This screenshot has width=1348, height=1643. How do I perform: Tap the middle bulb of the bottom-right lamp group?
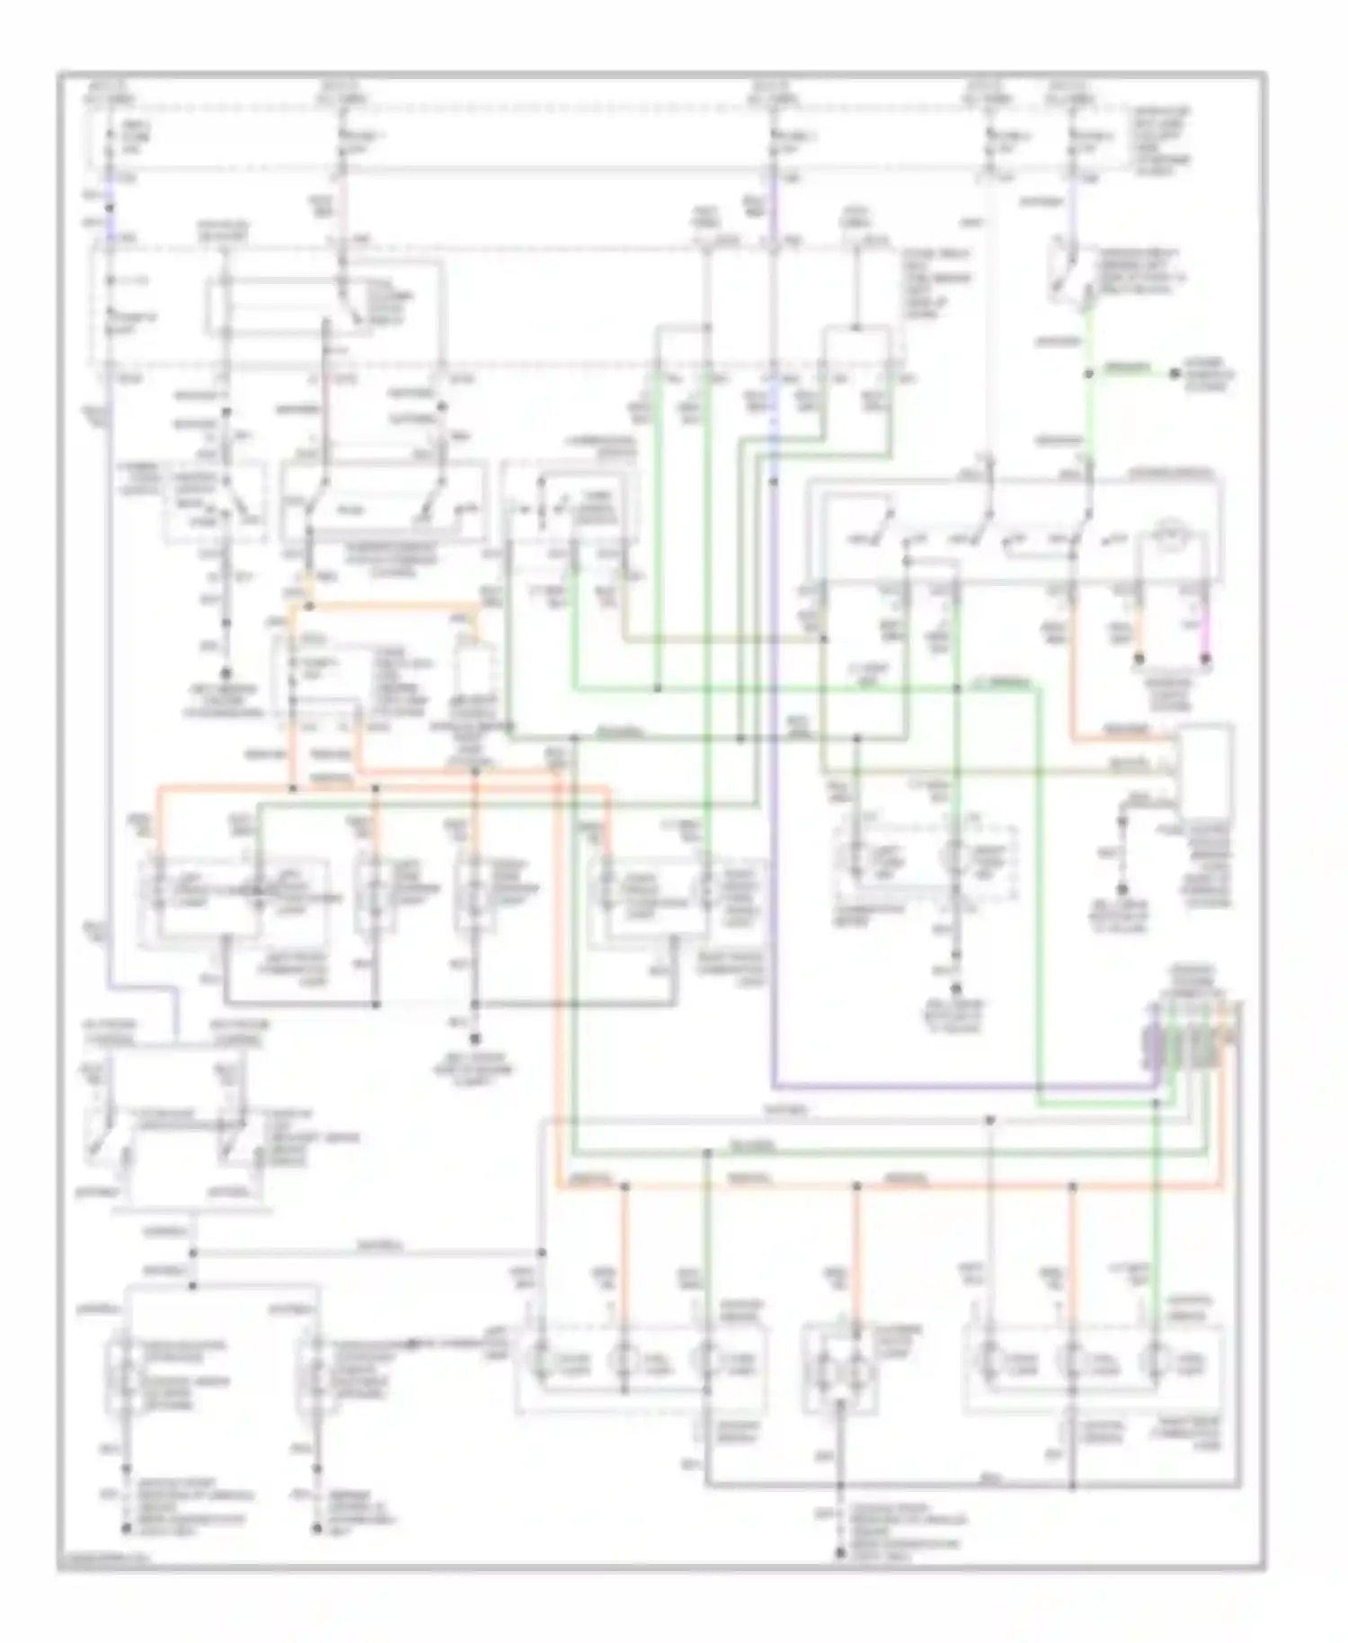[1072, 1363]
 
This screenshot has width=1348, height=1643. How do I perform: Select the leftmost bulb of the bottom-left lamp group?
[543, 1363]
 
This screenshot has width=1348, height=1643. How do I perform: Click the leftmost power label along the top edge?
[108, 93]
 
